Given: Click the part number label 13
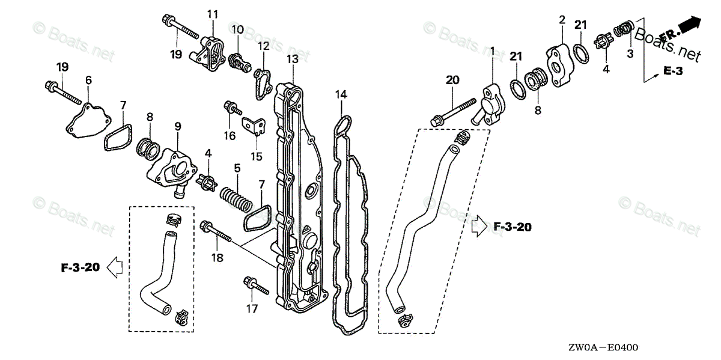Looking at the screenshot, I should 292,59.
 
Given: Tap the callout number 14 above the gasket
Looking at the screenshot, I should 341,94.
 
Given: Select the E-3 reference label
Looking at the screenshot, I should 674,71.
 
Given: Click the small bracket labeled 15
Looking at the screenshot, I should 255,125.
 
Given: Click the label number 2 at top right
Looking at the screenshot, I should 562,20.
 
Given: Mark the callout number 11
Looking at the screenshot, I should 213,14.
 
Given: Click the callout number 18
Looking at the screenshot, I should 217,258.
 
